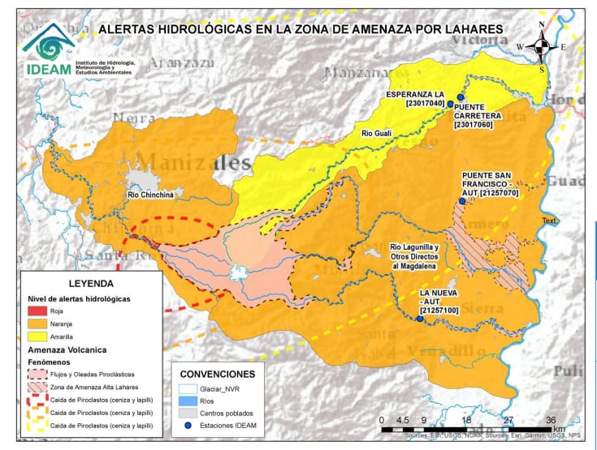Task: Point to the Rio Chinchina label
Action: pos(151,195)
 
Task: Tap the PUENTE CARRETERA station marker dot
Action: pos(461,96)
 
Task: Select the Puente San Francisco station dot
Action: pos(462,201)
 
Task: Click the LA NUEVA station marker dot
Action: pos(420,319)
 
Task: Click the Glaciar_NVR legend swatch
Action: pos(187,389)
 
